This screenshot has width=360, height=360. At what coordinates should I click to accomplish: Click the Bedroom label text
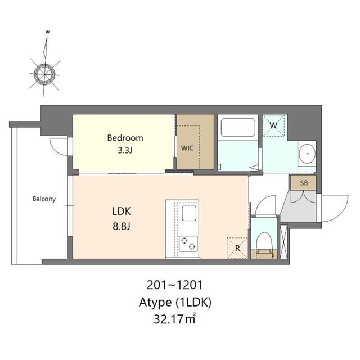point(125,138)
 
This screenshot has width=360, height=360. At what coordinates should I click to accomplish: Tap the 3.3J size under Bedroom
point(125,150)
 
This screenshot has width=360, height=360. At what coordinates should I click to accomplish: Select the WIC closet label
point(187,148)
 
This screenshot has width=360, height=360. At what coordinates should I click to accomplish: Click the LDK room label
point(121,211)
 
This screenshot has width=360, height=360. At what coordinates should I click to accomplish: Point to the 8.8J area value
point(121,226)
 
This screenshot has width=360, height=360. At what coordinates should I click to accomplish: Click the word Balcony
point(44,199)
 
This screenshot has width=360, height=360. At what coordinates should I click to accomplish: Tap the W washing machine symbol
point(273,125)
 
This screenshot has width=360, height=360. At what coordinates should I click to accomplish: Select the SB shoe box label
point(304,183)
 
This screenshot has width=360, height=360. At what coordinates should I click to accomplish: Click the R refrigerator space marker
point(237,248)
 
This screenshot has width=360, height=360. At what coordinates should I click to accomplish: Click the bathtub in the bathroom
point(238,128)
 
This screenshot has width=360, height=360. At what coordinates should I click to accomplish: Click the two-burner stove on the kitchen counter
point(188,244)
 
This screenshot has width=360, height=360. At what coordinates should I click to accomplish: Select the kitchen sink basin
point(189,214)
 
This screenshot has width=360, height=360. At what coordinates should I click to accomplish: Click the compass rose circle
point(44,74)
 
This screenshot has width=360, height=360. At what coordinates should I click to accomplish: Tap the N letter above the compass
point(48,32)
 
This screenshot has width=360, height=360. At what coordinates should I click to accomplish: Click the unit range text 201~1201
point(175,285)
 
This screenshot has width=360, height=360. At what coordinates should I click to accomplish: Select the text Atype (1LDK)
point(175,303)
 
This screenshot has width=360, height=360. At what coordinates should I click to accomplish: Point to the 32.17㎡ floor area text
point(174,319)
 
